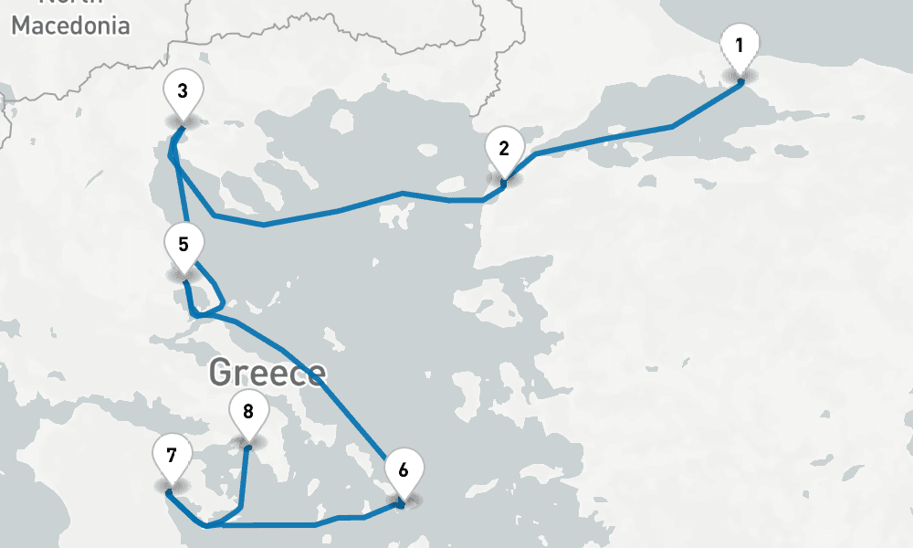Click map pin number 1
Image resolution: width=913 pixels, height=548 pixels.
click(739, 45)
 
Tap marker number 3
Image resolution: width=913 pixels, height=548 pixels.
click(183, 91)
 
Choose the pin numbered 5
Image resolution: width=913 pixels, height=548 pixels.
click(184, 245)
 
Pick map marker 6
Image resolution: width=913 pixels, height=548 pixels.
click(403, 470)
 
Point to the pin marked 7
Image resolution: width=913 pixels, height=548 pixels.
click(172, 455)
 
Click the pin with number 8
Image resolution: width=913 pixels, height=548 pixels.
click(247, 411)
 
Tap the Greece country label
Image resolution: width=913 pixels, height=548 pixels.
click(267, 373)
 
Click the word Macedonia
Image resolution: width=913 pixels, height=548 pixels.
click(70, 26)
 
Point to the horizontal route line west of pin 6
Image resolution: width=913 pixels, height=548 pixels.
click(274, 525)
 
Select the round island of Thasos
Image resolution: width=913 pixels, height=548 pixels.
click(343, 121)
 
